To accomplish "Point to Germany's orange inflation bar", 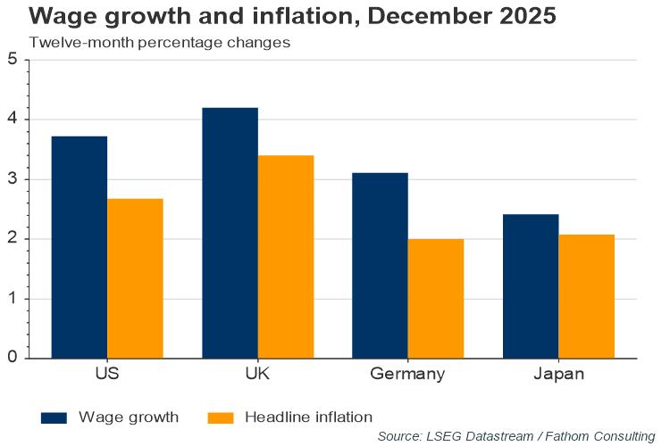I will pos(435,298).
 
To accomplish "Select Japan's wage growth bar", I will pos(530,286).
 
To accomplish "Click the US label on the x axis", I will pos(107,374).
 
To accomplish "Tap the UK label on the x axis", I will pos(257,374).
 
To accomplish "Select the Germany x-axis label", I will pos(407,374).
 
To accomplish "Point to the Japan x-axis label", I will pos(557,374).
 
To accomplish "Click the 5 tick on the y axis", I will pos(13,60).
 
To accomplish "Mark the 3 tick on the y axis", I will pos(13,179).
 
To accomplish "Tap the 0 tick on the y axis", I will pos(13,359).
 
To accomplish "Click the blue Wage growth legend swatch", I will pos(54,417).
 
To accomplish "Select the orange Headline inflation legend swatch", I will pos(220,417).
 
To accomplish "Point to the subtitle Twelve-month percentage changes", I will pos(159,42).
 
